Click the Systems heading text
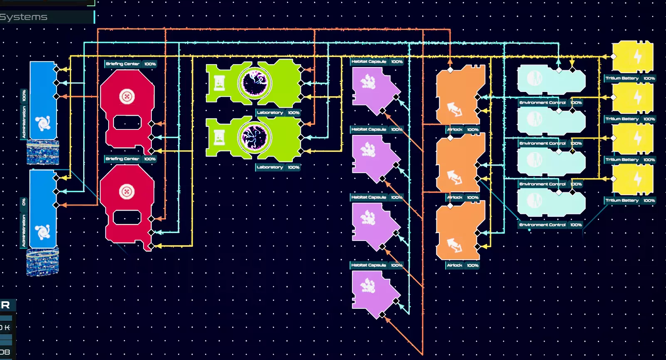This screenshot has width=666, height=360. pos(24,17)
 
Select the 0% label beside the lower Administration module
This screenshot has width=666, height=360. pos(24,202)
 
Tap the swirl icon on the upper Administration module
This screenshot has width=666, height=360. pos(43,124)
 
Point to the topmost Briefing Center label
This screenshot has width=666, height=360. pos(122,64)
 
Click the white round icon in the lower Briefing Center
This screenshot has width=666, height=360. pos(127,192)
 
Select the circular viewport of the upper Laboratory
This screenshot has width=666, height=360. pos(255,82)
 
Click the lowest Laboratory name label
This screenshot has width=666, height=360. pos(270,167)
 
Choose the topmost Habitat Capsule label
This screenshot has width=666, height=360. pos(369,62)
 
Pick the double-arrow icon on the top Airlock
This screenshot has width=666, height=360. pos(454,109)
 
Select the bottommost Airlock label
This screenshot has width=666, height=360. pos(454,266)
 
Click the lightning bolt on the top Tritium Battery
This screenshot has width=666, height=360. pos(637,57)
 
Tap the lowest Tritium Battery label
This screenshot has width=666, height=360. pos(621,201)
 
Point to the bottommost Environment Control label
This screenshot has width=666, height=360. pos(542,225)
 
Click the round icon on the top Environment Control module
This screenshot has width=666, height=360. pos(534,78)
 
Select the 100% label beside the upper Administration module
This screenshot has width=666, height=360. pos(24,96)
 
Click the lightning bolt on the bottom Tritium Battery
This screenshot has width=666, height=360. pos(637,179)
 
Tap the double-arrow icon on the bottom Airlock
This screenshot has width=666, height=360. pos(454,245)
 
